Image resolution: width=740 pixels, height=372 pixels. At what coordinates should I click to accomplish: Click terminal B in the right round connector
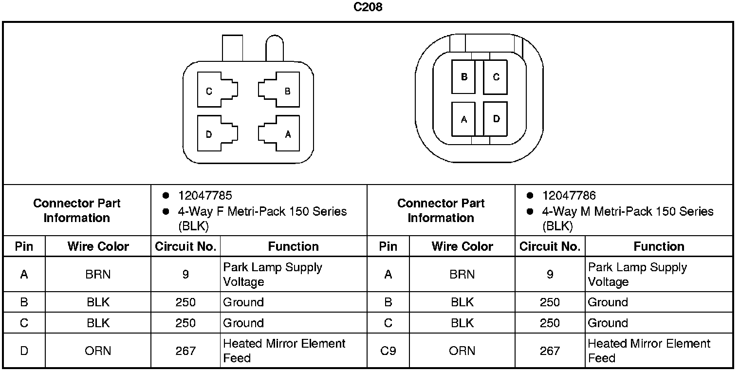coord(463,77)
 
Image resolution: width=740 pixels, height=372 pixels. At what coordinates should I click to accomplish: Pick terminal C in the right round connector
coord(495,77)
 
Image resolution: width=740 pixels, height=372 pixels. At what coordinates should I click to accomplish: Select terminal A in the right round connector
coord(463,119)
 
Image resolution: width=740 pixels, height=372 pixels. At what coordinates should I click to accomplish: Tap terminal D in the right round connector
coord(495,119)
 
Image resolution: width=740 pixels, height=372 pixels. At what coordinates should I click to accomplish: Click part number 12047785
coord(205,196)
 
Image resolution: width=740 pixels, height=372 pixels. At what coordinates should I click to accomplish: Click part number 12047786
coord(569,196)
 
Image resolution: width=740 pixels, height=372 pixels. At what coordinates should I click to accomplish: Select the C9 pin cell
coord(388,351)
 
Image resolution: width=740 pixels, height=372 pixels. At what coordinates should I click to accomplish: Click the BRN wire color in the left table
coord(98,275)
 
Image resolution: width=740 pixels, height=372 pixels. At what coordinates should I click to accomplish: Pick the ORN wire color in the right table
coord(462,351)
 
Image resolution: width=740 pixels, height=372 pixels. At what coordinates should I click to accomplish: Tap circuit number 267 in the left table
coord(185,351)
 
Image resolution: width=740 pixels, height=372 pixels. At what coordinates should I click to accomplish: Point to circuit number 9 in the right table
coord(550,275)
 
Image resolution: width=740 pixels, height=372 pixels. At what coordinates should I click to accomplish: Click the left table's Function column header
coord(293,247)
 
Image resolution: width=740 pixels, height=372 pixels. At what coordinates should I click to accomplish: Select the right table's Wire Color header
coord(462,247)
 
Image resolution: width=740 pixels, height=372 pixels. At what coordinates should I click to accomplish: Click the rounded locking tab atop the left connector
coord(274,49)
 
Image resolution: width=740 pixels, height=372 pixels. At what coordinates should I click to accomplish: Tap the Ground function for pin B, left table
coord(243,302)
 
